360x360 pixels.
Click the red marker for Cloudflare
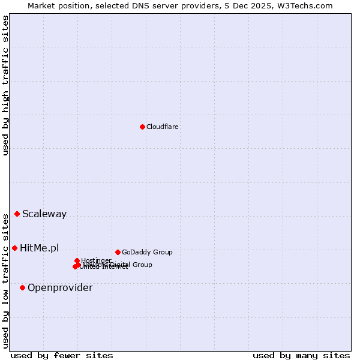pos(142,127)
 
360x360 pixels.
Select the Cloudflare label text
pos(163,127)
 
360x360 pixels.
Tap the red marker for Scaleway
pos(17,214)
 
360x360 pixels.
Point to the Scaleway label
pos(44,214)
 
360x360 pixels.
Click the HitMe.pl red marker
pos(15,248)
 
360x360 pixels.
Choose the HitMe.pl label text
pos(40,248)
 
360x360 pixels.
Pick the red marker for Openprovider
pos(23,287)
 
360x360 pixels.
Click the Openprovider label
pos(60,287)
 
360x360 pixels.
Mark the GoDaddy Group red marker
pos(118,252)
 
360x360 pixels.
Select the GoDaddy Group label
pos(147,252)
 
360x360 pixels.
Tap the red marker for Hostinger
pos(77,260)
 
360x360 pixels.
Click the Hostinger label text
pos(97,260)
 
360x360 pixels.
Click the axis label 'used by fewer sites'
pos(62,355)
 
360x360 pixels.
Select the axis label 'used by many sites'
pos(301,355)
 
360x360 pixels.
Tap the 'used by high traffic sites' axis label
pos(5,85)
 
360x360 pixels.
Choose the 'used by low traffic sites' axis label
pos(5,280)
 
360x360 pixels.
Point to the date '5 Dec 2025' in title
pos(254,5)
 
